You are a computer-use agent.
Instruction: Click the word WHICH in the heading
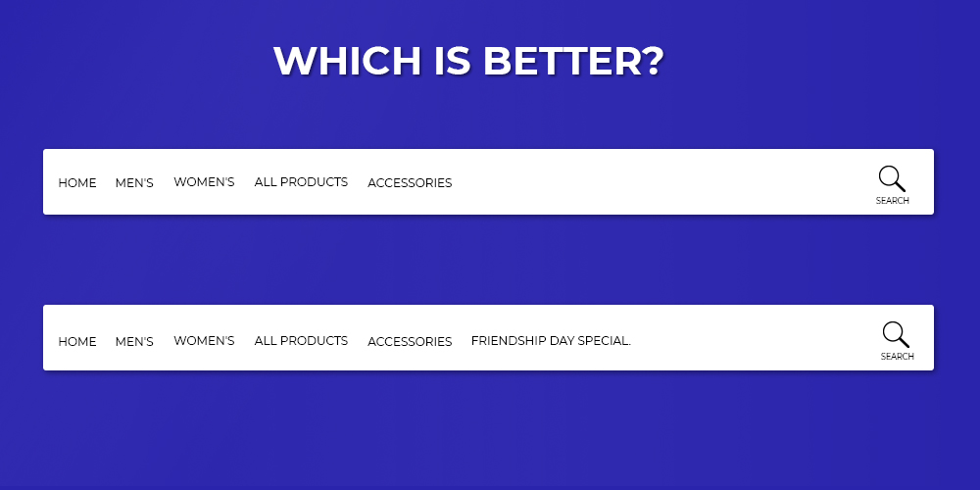tap(348, 61)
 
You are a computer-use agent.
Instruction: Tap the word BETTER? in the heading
tap(572, 61)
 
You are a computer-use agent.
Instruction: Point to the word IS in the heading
tap(452, 61)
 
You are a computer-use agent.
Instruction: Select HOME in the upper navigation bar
tap(77, 183)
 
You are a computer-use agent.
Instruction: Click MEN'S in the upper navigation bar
tap(134, 183)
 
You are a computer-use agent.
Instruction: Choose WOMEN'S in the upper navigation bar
tap(205, 182)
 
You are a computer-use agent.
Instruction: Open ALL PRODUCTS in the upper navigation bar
tap(301, 182)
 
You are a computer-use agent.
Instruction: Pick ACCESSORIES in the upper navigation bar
tap(410, 183)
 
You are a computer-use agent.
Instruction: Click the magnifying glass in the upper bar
tap(892, 178)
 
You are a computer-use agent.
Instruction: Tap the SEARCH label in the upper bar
tap(893, 201)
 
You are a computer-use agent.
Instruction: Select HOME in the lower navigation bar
tap(77, 342)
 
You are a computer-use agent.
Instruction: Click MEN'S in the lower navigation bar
tap(134, 342)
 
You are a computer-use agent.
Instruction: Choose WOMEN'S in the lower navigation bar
tap(205, 341)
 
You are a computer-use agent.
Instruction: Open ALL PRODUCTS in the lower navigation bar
tap(301, 341)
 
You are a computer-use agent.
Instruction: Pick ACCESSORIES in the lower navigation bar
tap(410, 342)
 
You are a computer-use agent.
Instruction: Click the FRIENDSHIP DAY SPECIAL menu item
tap(551, 341)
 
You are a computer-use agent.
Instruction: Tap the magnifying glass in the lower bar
tap(897, 334)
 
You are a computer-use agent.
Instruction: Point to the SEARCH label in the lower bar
tap(898, 357)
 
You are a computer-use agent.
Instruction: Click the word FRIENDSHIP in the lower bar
tap(508, 341)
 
